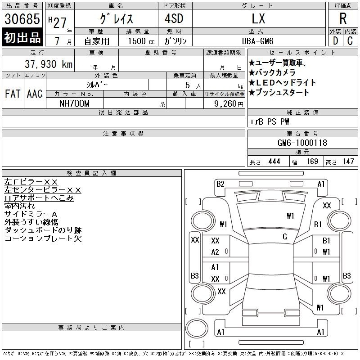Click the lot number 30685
pos(22,19)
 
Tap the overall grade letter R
pos(343,18)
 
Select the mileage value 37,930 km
pos(49,64)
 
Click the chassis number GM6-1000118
pos(302,143)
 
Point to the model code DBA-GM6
pos(257,41)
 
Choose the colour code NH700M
pos(74,103)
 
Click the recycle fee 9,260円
pos(229,104)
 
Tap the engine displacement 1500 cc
pos(141,41)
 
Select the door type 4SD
pos(174,18)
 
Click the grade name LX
pos(258,18)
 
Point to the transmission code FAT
pos(13,94)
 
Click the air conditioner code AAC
pos(35,94)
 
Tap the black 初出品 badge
pos(22,37)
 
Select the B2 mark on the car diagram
pos(220,184)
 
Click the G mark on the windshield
pos(285,237)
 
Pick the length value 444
pos(274,162)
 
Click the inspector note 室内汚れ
pos(19,206)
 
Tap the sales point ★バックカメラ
pos(272,72)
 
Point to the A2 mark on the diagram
pos(215,252)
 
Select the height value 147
pos(348,162)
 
